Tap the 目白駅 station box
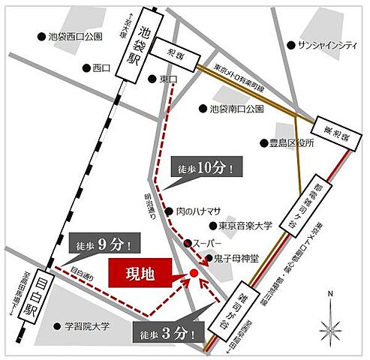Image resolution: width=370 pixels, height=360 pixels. point(29,295)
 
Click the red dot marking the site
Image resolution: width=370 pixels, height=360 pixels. point(194,274)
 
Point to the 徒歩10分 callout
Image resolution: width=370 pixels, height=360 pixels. point(206,168)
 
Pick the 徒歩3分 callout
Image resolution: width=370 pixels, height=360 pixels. point(167,332)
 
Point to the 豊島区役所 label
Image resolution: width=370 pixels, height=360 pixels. point(288,142)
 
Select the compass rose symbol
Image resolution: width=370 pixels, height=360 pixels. point(330,327)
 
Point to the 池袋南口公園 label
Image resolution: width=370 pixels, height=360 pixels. point(236,109)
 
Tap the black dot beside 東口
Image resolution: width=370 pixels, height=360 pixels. point(153,78)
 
